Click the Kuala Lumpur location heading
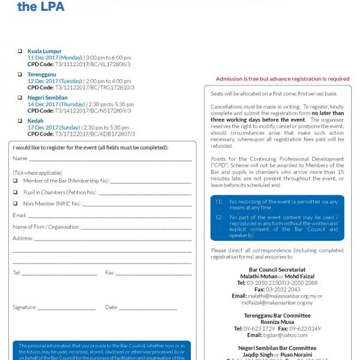44,51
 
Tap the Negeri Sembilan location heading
47,97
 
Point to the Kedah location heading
35,121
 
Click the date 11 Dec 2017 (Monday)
55,57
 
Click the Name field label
20,158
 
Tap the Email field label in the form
20,215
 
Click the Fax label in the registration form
110,273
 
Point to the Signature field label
25,308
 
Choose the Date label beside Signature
112,308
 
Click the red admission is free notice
282,79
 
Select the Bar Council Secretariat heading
277,270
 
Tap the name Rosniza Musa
277,322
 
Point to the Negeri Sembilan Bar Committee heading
277,348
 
